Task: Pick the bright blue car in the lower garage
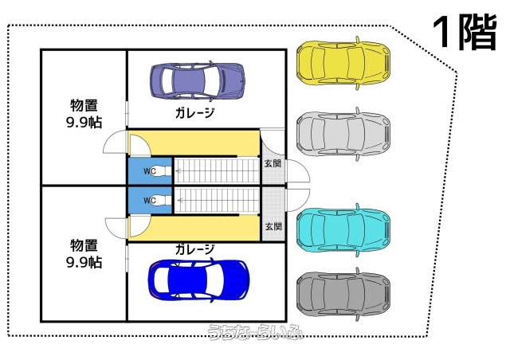coord(200,280)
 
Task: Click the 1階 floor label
coord(463,33)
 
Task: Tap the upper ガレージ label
coord(195,113)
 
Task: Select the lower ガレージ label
coord(195,249)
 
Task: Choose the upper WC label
coord(149,170)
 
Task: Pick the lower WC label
coord(149,200)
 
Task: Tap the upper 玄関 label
coord(272,163)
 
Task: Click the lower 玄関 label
coord(272,226)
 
